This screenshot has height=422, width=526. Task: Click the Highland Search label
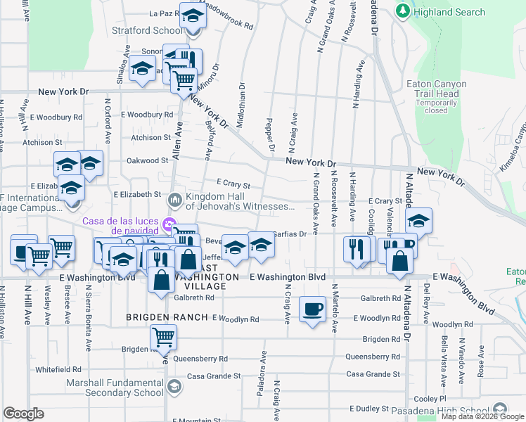449,12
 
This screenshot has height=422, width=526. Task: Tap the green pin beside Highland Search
403,12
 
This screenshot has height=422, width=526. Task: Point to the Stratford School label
147,31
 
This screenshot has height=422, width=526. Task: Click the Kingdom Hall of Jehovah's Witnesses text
240,201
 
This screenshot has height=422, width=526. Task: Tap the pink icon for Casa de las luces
168,226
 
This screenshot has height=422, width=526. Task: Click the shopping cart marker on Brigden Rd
163,338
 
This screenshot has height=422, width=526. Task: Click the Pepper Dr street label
271,134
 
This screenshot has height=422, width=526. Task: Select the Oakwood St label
148,160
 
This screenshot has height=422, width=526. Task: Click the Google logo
24,414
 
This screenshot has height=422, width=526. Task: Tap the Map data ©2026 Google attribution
482,417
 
